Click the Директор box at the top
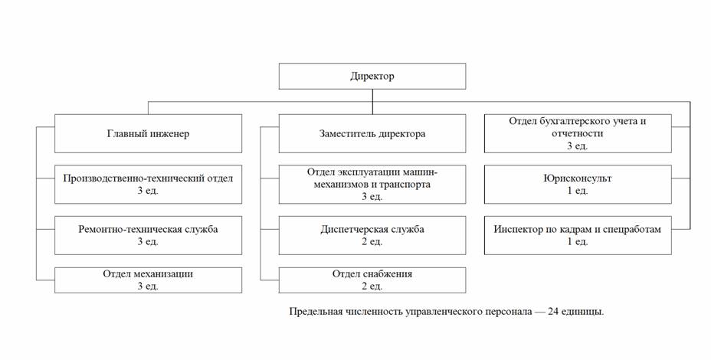pyautogui.click(x=372, y=76)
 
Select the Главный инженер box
pyautogui.click(x=148, y=134)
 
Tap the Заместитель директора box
pyautogui.click(x=372, y=134)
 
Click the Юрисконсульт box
pyautogui.click(x=578, y=185)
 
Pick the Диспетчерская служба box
pyautogui.click(x=372, y=235)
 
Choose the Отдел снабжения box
pyautogui.click(x=372, y=280)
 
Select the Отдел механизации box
pyautogui.click(x=148, y=280)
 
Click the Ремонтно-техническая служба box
pyautogui.click(x=148, y=235)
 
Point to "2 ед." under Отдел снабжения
pyautogui.click(x=372, y=286)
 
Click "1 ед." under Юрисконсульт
pyautogui.click(x=578, y=191)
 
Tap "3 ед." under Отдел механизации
pyautogui.click(x=148, y=286)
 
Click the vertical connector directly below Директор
pyautogui.click(x=372, y=102)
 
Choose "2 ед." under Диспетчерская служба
pyautogui.click(x=372, y=242)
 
